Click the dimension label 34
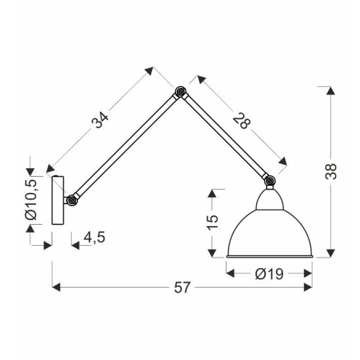100,120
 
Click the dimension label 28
242,121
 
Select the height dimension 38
331,171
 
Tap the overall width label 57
182,287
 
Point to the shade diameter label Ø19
269,274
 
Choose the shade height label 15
212,222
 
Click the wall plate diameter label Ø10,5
32,200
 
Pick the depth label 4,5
95,237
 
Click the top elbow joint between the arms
181,91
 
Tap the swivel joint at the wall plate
72,200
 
